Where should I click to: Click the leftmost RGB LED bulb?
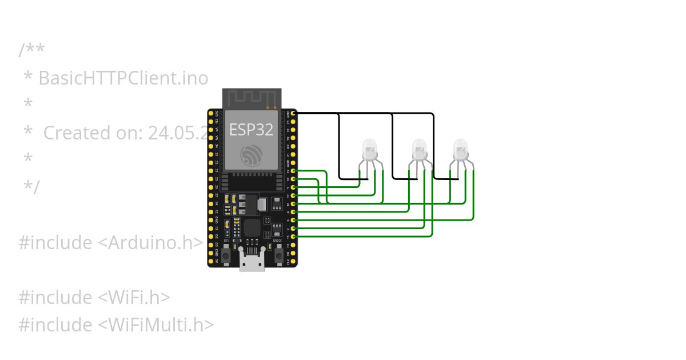370,150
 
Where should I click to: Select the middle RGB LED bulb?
419,150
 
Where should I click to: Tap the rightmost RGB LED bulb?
460,150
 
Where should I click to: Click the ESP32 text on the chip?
252,130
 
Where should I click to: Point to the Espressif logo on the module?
252,154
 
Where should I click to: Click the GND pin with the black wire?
293,114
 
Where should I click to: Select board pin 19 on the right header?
293,171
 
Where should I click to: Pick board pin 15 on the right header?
293,236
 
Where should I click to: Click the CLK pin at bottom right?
293,261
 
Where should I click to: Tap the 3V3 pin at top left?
211,114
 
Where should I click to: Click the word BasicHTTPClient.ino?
123,78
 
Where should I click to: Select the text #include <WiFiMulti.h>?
116,325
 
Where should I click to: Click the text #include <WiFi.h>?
94,297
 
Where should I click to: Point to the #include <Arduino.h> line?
110,242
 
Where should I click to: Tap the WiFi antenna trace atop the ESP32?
252,98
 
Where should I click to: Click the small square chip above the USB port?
252,228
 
